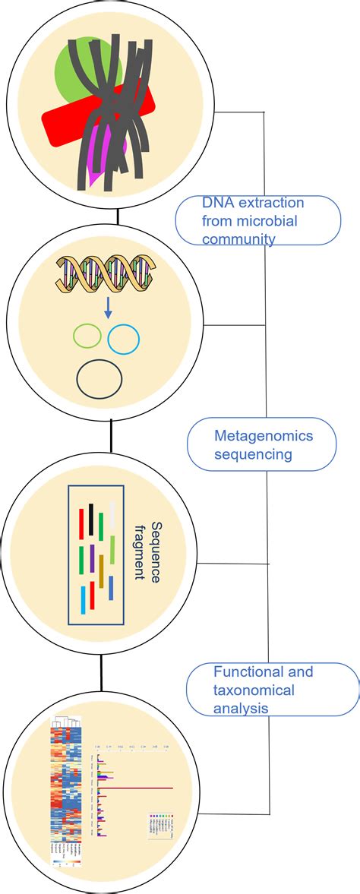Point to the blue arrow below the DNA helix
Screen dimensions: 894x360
point(107,308)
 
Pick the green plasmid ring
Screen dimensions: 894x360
point(86,336)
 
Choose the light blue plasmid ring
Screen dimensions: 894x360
point(123,340)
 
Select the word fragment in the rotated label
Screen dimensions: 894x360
point(139,551)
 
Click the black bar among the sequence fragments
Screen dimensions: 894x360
point(92,520)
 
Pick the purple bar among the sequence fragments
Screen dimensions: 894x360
point(91,558)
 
